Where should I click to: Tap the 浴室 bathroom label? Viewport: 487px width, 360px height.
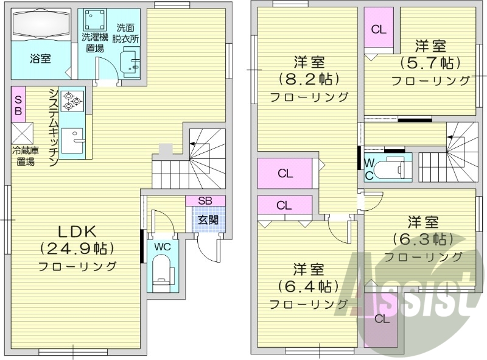[x=41, y=58]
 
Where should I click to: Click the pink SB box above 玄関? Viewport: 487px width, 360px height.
[x=206, y=200]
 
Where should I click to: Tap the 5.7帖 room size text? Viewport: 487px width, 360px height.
[x=430, y=63]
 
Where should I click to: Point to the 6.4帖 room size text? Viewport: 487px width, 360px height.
[x=308, y=286]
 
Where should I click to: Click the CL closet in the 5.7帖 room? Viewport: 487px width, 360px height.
[x=379, y=28]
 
